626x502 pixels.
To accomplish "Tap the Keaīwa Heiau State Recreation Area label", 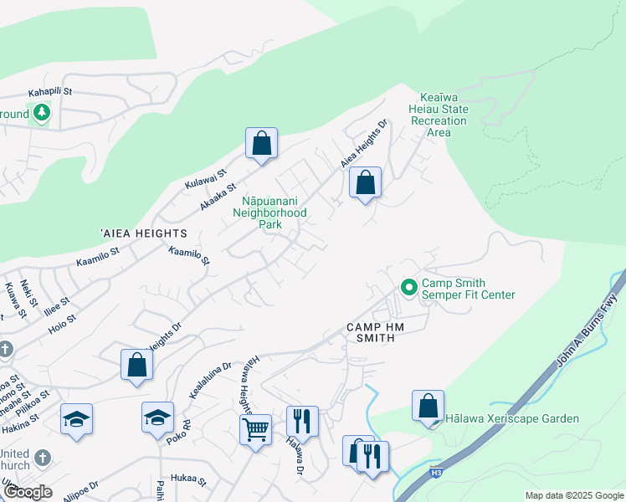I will (x=439, y=115).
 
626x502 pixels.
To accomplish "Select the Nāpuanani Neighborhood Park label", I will (x=275, y=213).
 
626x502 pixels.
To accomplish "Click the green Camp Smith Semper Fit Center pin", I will (x=408, y=287).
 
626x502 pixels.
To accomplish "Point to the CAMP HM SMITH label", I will (x=376, y=327).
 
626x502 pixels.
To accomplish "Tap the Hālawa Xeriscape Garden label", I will (x=512, y=418).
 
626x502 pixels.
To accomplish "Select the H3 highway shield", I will (x=437, y=473).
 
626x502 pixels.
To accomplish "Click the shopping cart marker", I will (x=255, y=431).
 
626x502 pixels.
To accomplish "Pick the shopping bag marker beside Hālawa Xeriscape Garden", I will (x=428, y=406).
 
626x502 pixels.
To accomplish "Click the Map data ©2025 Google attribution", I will (x=573, y=495).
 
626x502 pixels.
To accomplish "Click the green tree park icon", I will (x=40, y=113).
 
